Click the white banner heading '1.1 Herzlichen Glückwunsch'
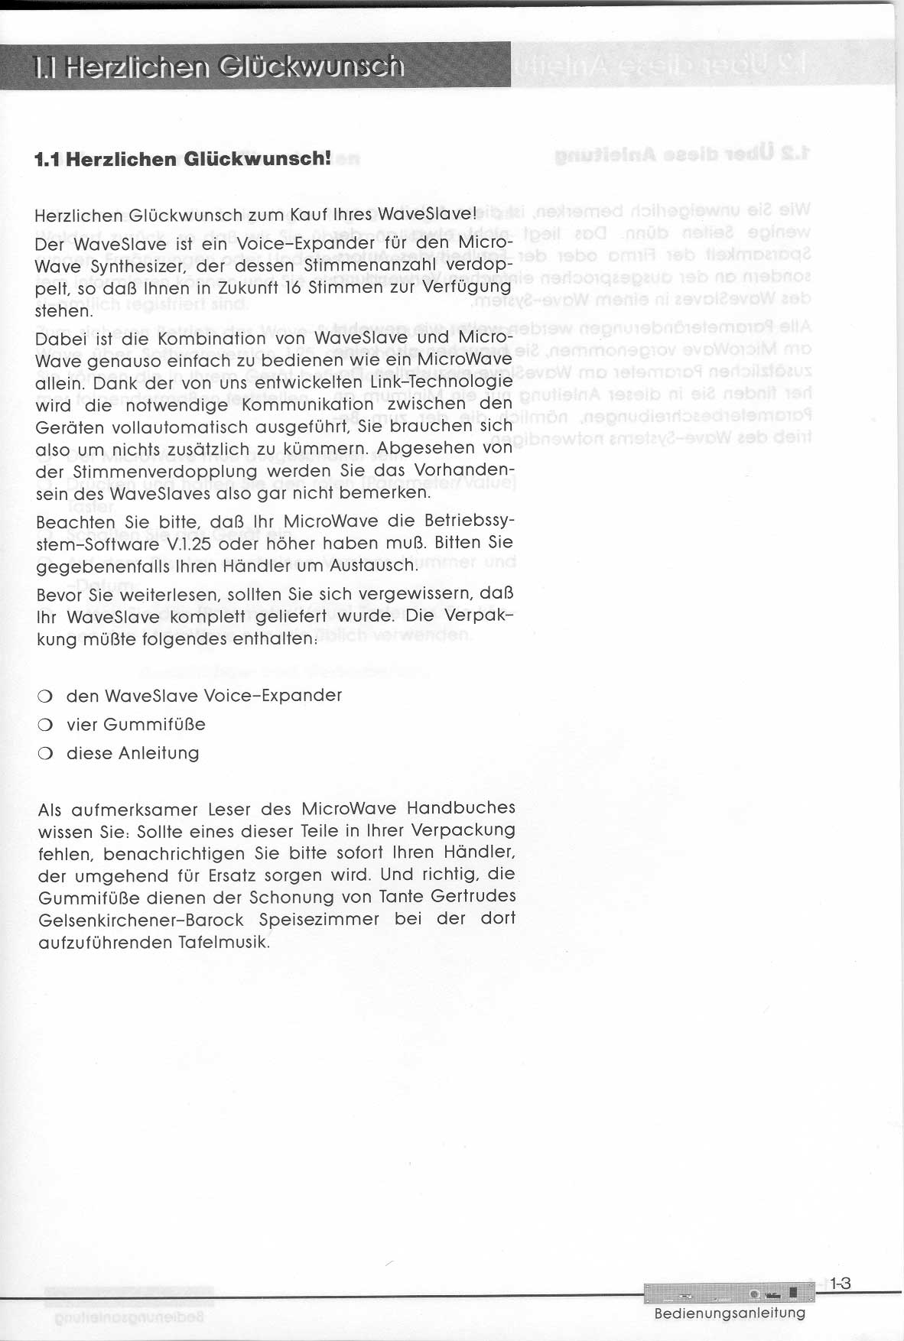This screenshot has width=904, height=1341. [x=219, y=67]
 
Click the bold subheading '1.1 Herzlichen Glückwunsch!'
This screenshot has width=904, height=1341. [x=184, y=159]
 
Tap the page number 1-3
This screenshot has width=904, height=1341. [x=840, y=1284]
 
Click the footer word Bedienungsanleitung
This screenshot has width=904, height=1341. [x=730, y=1313]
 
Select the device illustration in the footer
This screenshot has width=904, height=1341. [x=724, y=1294]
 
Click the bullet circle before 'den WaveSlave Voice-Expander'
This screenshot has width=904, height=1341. [x=44, y=697]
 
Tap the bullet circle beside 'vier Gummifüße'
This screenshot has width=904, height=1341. [x=44, y=726]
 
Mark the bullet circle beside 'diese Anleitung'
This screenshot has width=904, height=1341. [x=44, y=755]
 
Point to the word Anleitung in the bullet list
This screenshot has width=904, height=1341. [x=159, y=754]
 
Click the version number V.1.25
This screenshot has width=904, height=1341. [x=187, y=544]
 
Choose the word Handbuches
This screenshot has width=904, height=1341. [x=461, y=808]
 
